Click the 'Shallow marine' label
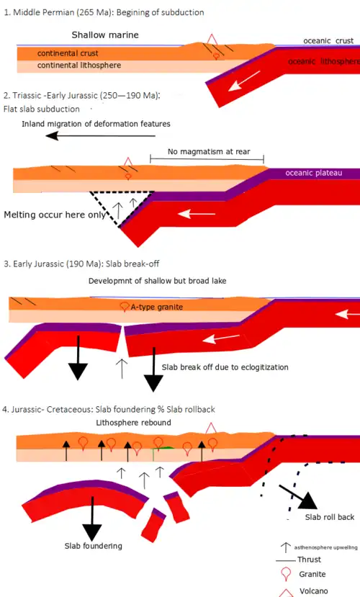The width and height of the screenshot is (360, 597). pyautogui.click(x=105, y=35)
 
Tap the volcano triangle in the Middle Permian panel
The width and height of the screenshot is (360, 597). pyautogui.click(x=212, y=39)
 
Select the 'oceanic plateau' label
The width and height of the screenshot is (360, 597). pyautogui.click(x=314, y=173)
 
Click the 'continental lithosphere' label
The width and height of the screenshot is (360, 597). pyautogui.click(x=79, y=65)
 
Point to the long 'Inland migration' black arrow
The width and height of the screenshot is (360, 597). pyautogui.click(x=101, y=135)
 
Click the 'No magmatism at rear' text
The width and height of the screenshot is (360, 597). pyautogui.click(x=209, y=151)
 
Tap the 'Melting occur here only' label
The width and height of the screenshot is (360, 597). pyautogui.click(x=55, y=215)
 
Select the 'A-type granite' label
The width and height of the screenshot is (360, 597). pyautogui.click(x=157, y=307)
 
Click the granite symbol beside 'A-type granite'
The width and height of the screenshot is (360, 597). pyautogui.click(x=124, y=307)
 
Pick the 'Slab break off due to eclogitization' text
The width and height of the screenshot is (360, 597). pyautogui.click(x=225, y=367)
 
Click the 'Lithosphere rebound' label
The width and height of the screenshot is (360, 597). pyautogui.click(x=133, y=423)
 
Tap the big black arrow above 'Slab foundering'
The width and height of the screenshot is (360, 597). pyautogui.click(x=92, y=519)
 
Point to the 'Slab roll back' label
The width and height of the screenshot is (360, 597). pyautogui.click(x=330, y=517)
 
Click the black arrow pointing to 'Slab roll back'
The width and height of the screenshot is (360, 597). pyautogui.click(x=298, y=497)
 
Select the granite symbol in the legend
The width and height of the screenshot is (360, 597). pyautogui.click(x=286, y=574)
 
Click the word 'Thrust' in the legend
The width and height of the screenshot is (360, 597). pyautogui.click(x=309, y=560)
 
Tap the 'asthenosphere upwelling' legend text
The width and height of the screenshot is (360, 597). pyautogui.click(x=325, y=547)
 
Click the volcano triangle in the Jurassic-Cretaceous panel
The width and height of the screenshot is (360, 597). pyautogui.click(x=211, y=428)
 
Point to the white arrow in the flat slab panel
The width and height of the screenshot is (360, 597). pyautogui.click(x=197, y=214)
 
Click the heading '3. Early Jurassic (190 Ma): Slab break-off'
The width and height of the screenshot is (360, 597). pyautogui.click(x=81, y=264)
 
